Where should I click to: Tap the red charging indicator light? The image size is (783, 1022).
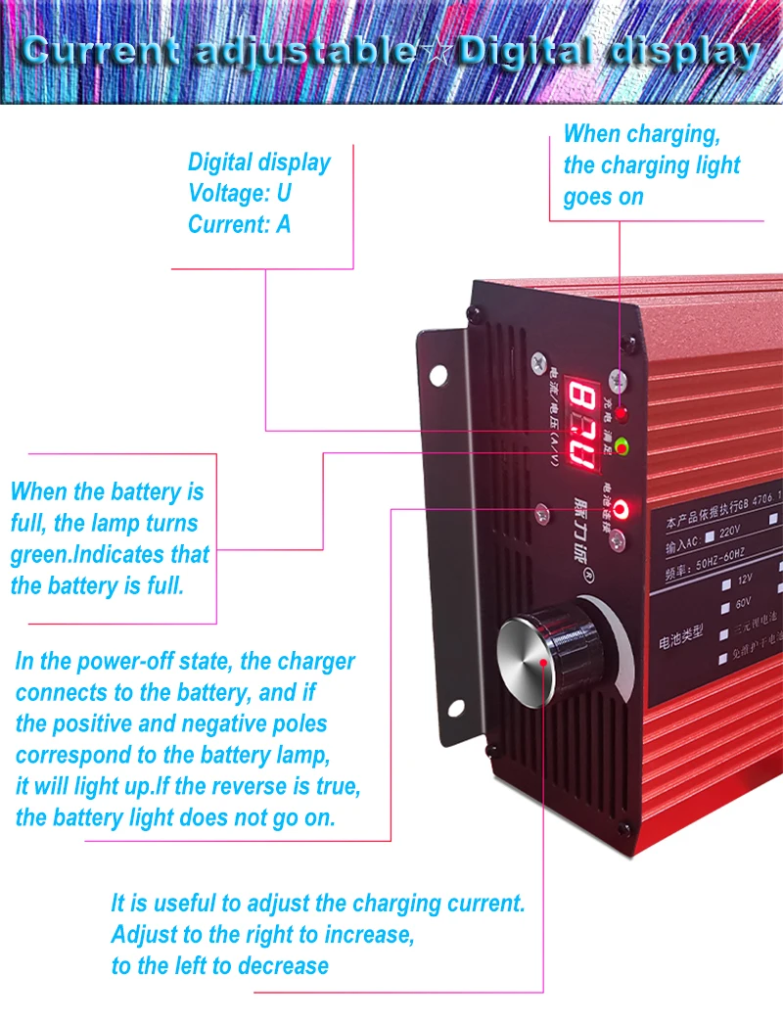[x=621, y=414]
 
